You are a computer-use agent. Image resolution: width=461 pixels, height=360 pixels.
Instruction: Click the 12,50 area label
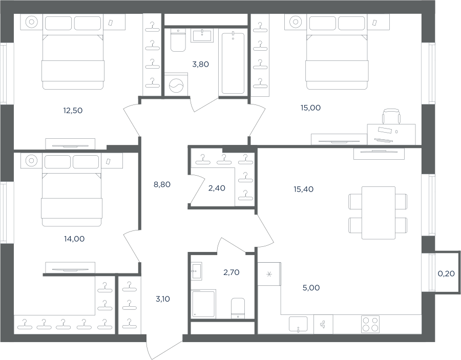pos(73,111)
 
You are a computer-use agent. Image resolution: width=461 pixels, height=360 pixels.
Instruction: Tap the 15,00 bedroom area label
pos(310,108)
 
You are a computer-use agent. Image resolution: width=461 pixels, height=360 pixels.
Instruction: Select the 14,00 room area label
pos(74,239)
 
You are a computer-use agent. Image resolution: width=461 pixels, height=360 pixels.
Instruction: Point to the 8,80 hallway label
pos(162,184)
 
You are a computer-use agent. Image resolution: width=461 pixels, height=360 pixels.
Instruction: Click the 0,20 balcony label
pos(446,273)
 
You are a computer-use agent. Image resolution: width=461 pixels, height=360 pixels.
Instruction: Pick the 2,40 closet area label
pos(217,188)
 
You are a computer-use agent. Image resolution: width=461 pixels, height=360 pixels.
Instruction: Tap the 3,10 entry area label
pos(162,299)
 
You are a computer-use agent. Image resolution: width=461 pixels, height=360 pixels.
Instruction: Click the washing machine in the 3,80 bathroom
pos(176,84)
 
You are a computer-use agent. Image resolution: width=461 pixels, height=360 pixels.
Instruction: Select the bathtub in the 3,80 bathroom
pos(233,62)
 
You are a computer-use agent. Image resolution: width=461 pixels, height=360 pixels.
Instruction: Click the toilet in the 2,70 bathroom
pos(238,308)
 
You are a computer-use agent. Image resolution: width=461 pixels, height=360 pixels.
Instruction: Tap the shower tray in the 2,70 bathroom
pos(203,303)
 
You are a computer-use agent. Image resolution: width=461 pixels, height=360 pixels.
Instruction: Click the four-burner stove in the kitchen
pos(370,324)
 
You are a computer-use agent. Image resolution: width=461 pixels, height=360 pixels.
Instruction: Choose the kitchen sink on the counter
pos(298,324)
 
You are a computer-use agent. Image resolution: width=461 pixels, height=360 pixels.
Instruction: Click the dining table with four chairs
pos(378,213)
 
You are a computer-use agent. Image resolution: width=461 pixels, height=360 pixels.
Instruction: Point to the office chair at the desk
pos(392,116)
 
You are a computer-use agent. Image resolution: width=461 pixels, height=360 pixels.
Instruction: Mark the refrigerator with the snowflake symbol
pos(269,274)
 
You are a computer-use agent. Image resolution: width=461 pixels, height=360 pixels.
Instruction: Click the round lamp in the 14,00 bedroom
pos(31,160)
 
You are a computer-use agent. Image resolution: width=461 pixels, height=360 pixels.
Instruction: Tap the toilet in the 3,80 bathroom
pos(178,40)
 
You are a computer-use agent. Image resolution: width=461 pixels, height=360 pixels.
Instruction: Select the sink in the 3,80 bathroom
pos(202,35)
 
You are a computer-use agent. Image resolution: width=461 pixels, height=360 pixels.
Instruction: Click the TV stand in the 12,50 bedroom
pos(70,144)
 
